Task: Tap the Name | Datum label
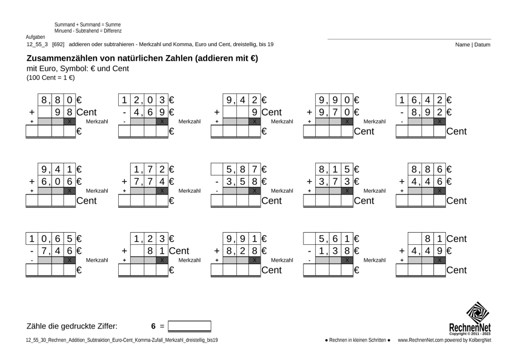pos(473,44)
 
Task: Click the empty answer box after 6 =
pos(190,326)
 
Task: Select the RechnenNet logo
pos(478,318)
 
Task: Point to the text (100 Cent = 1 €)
pos(51,78)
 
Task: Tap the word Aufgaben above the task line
pos(36,37)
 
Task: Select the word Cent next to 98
pos(86,112)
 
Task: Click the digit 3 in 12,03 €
pos(162,101)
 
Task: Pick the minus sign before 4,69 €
pos(124,112)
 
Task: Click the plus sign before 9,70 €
pos(309,112)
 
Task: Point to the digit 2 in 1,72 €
pos(162,170)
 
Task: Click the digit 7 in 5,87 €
pos(255,170)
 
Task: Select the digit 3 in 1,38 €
pos(334,250)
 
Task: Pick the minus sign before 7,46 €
pos(32,250)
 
